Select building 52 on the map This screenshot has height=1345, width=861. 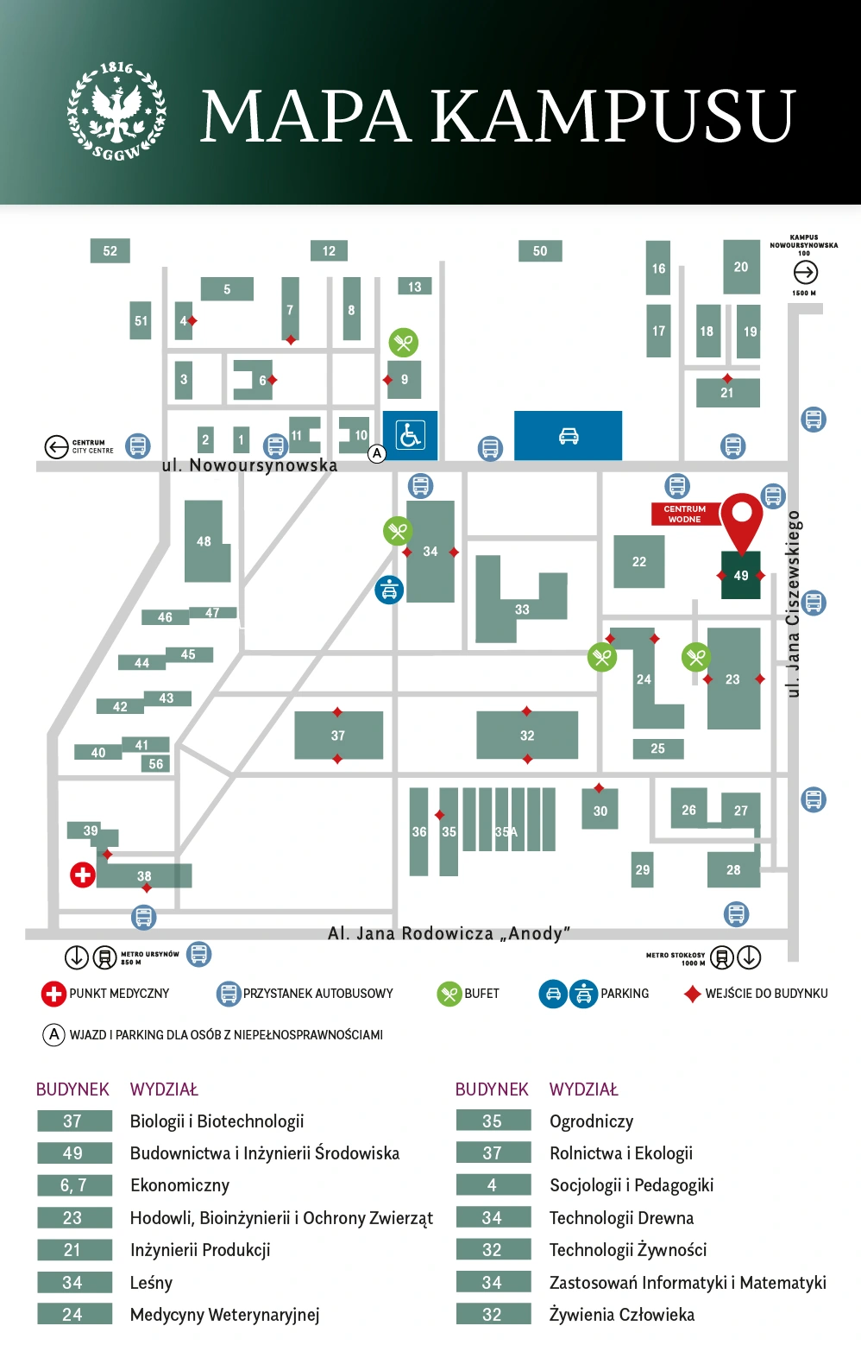(110, 251)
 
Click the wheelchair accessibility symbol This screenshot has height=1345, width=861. (410, 435)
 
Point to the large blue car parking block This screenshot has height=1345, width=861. (568, 435)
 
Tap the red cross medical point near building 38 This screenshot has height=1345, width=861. (83, 875)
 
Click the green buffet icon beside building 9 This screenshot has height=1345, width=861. (403, 343)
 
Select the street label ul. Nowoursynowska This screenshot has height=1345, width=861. (249, 465)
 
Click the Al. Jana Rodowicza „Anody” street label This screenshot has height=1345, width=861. (449, 933)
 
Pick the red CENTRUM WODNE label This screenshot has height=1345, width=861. (684, 515)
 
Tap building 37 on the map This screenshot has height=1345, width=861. (338, 736)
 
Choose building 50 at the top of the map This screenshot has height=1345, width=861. (540, 251)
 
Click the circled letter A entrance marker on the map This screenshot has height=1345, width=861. (377, 453)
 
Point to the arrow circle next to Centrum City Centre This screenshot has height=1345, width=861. (56, 446)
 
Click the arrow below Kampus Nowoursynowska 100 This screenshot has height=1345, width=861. (805, 273)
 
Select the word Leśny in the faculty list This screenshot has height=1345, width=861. (151, 1283)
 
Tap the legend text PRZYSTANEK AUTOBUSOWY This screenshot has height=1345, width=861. (317, 994)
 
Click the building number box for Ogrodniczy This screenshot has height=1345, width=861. (493, 1121)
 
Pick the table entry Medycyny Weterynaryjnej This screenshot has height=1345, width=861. (224, 1315)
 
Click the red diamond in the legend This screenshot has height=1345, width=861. (692, 994)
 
